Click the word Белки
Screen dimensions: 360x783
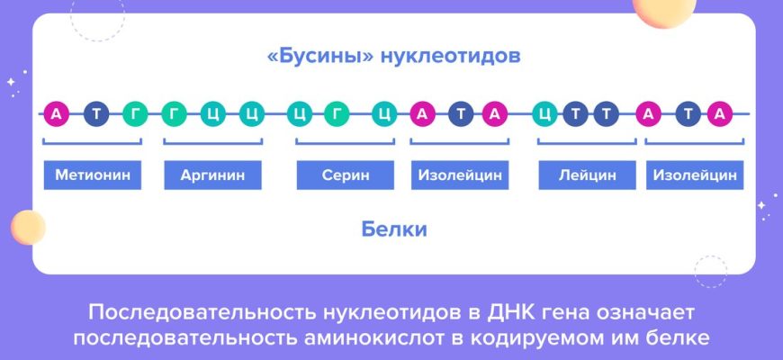[394, 229]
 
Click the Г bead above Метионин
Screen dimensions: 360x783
[135, 114]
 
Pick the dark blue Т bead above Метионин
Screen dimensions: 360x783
[95, 114]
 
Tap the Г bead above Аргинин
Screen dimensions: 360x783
[174, 114]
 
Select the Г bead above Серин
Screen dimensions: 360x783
[337, 114]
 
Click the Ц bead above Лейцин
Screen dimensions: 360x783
[544, 114]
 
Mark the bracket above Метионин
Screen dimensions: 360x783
[93, 143]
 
